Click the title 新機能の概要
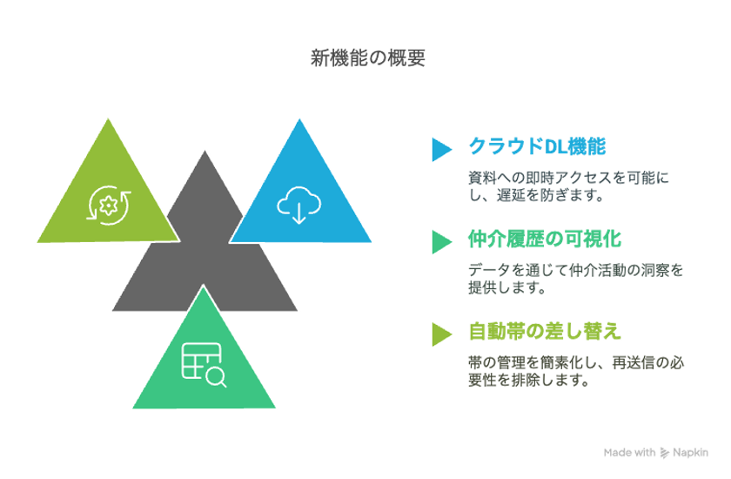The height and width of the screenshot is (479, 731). tap(368, 58)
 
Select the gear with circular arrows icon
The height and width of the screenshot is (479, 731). tap(109, 206)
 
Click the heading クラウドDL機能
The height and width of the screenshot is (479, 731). tap(537, 146)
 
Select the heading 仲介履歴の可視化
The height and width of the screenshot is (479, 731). tap(545, 239)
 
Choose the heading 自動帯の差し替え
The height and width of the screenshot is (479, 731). tap(545, 331)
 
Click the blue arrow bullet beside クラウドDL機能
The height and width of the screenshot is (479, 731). tap(441, 149)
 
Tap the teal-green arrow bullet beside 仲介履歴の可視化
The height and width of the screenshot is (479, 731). tap(441, 241)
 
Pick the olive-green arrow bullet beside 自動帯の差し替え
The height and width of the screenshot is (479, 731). tap(441, 334)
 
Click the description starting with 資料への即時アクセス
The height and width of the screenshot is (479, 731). tap(568, 186)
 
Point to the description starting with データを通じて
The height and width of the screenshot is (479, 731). tap(576, 279)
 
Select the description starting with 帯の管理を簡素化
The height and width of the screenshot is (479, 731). tap(576, 371)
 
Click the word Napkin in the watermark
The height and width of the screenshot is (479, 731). tap(690, 452)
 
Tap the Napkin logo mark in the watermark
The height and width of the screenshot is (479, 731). tap(664, 453)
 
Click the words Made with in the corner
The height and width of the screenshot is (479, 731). tap(629, 452)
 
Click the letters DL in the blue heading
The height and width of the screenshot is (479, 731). tap(556, 147)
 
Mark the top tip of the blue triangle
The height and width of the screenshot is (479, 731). tap(299, 119)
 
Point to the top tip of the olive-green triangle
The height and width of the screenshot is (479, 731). tap(108, 118)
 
